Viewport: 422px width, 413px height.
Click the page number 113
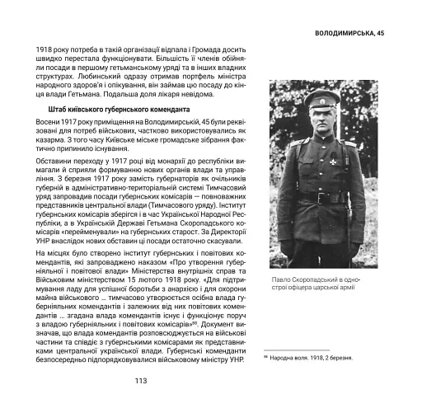pos(140,381)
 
